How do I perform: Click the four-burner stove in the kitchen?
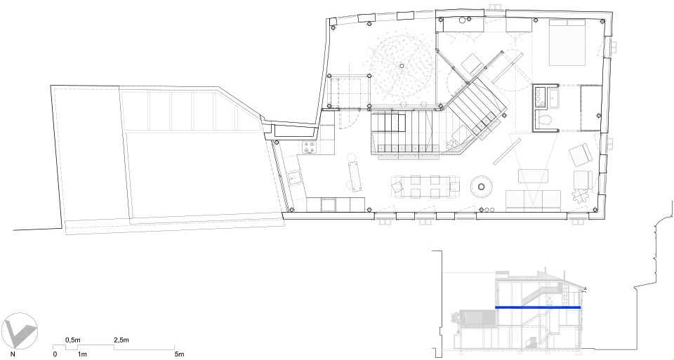click(309, 147)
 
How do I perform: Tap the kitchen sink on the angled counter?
click(296, 177)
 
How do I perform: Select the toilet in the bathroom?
click(545, 120)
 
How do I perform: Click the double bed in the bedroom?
click(567, 42)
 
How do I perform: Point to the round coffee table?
click(482, 186)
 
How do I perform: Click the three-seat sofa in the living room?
click(534, 201)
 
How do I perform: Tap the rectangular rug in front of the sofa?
click(533, 176)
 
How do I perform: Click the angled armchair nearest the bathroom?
click(581, 154)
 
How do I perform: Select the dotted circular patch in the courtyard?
click(402, 65)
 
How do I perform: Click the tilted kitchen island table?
click(355, 175)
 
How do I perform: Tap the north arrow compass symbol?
click(20, 331)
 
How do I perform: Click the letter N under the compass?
click(13, 354)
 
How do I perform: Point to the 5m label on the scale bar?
click(179, 354)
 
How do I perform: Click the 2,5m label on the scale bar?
click(121, 340)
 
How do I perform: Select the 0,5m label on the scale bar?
click(72, 340)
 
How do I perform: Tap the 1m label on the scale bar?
click(82, 354)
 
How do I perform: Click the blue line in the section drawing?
click(538, 307)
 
